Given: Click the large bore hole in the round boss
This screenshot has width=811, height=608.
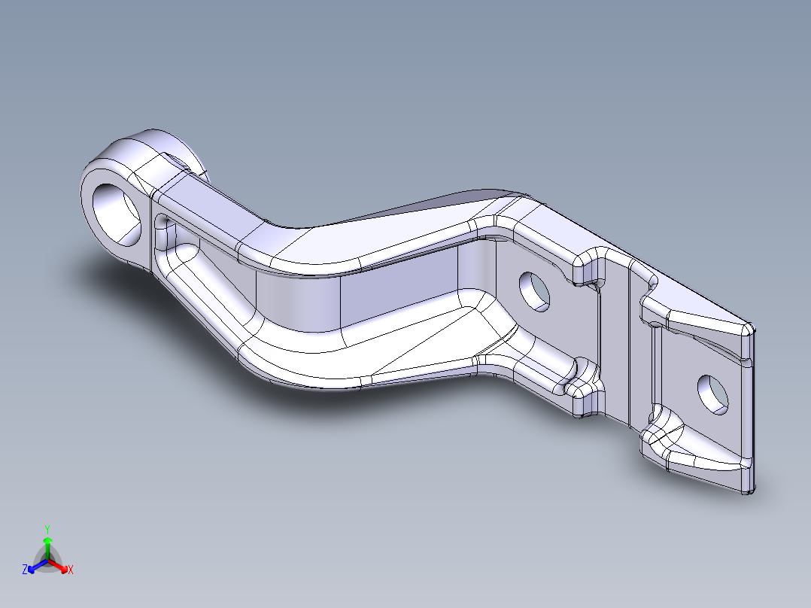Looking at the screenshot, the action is (x=117, y=213).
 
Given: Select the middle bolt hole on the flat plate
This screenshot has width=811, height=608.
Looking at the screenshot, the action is (x=535, y=291).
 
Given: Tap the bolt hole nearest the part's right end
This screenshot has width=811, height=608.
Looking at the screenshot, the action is (x=713, y=395).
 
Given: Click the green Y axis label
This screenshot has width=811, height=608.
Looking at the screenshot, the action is (x=47, y=530).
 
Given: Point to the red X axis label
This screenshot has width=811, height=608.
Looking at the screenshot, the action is (x=71, y=570).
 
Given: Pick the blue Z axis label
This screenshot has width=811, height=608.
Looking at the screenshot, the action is (x=24, y=570).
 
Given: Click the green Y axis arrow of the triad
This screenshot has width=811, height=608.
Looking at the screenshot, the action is (x=47, y=548).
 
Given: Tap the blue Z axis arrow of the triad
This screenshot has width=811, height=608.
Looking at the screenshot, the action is (x=38, y=566).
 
